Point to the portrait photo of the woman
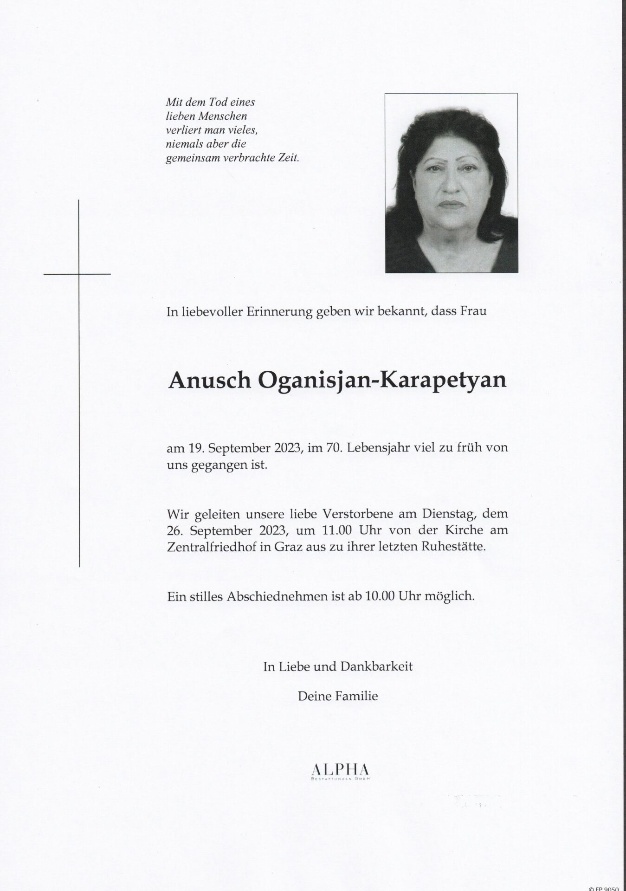click(451, 183)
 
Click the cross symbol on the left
click(79, 274)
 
